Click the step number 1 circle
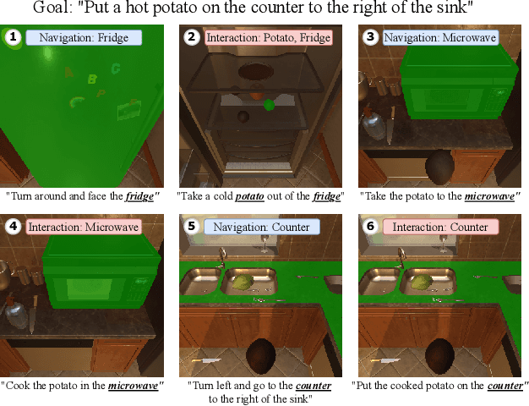click(x=13, y=38)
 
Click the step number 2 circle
click(x=192, y=38)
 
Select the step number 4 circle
click(x=13, y=227)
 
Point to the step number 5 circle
click(x=192, y=227)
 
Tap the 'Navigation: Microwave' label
click(x=439, y=38)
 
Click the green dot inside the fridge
click(x=269, y=105)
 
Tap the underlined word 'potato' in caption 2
click(x=250, y=195)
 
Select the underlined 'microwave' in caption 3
click(x=490, y=195)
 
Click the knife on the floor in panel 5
click(x=208, y=361)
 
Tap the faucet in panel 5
click(x=222, y=255)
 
